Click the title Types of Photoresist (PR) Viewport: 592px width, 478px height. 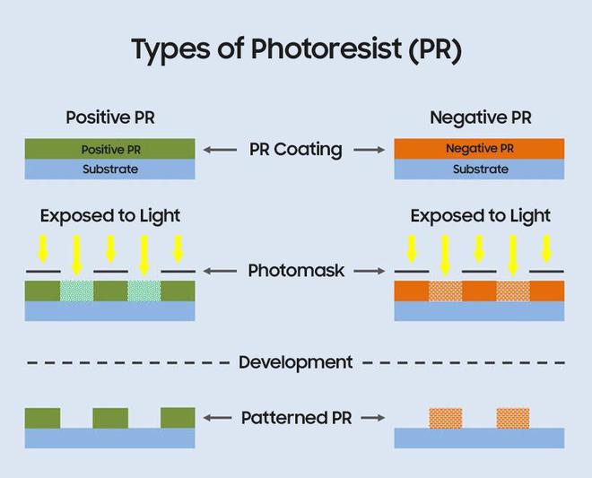(296, 50)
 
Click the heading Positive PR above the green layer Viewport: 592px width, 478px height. (110, 117)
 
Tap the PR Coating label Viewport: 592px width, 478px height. (296, 150)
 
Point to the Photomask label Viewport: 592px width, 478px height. (296, 270)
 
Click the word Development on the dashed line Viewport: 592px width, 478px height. (296, 362)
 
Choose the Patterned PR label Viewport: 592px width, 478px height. (296, 418)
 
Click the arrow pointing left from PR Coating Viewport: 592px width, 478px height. (219, 150)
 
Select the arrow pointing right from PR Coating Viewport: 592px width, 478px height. (371, 150)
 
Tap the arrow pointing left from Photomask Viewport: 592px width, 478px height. (219, 270)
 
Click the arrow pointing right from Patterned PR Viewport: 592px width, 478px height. (371, 418)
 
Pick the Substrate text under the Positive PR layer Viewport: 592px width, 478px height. (110, 169)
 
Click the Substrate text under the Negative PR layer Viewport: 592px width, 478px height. (480, 169)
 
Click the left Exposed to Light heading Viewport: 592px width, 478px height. (110, 216)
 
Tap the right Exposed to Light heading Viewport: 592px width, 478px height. (480, 216)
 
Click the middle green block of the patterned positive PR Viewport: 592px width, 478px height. (110, 418)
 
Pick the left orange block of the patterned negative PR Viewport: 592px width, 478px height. (445, 418)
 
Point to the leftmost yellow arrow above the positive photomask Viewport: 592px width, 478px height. (43, 248)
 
